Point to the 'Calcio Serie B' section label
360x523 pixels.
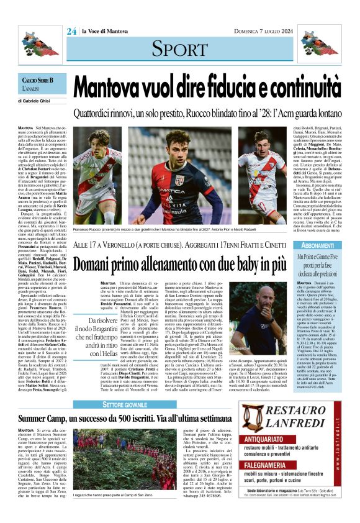pos(38,81)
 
